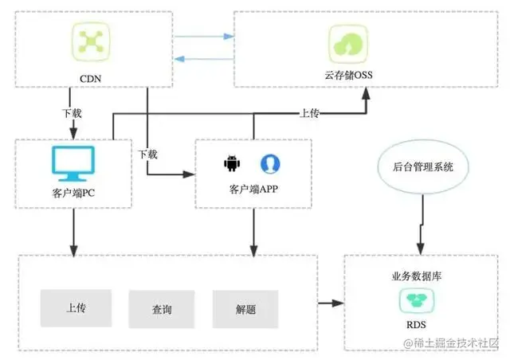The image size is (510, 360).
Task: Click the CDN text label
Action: (88, 78)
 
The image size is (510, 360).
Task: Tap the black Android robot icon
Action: (232, 163)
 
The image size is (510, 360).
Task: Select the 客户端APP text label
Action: (253, 190)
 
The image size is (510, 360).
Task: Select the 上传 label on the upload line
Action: (309, 114)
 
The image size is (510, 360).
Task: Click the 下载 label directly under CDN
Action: (72, 114)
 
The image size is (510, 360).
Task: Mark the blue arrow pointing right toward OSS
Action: (204, 36)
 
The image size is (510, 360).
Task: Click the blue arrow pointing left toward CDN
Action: (204, 57)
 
